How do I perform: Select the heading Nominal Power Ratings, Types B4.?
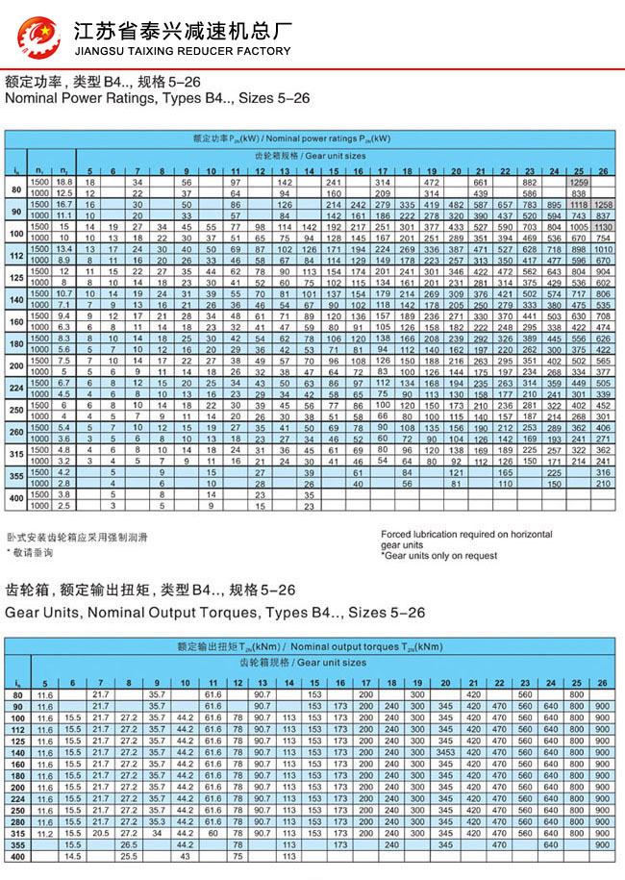[158, 98]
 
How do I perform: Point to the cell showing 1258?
[603, 205]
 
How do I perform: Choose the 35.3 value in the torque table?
[156, 822]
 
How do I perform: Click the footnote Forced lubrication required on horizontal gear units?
[465, 539]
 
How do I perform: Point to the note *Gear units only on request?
[439, 556]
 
